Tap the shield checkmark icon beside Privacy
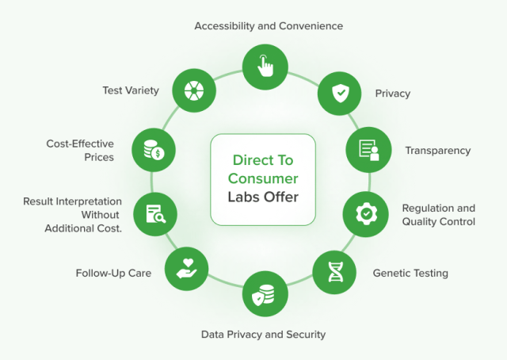click(340, 93)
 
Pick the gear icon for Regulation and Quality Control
click(365, 213)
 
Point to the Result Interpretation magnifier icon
click(154, 213)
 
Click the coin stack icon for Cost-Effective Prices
click(154, 148)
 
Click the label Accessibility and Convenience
click(269, 26)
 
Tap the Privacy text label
click(393, 94)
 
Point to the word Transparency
click(437, 150)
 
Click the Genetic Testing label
click(410, 273)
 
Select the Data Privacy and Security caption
click(263, 334)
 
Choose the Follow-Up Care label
click(113, 273)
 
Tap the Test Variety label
click(131, 90)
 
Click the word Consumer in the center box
click(263, 178)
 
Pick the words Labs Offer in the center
click(263, 197)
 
